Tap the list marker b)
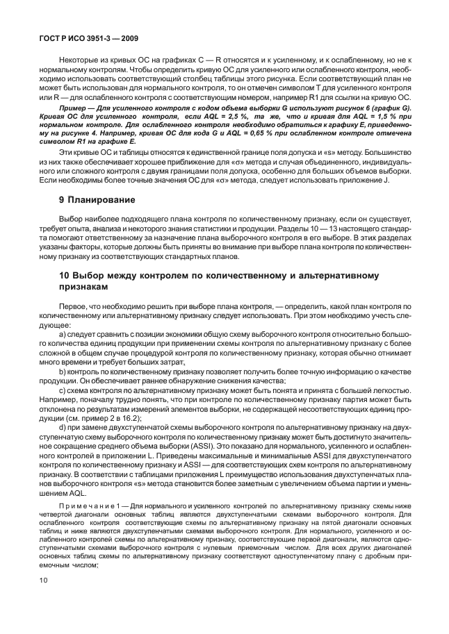tap(63, 372)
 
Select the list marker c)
tap(63, 391)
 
